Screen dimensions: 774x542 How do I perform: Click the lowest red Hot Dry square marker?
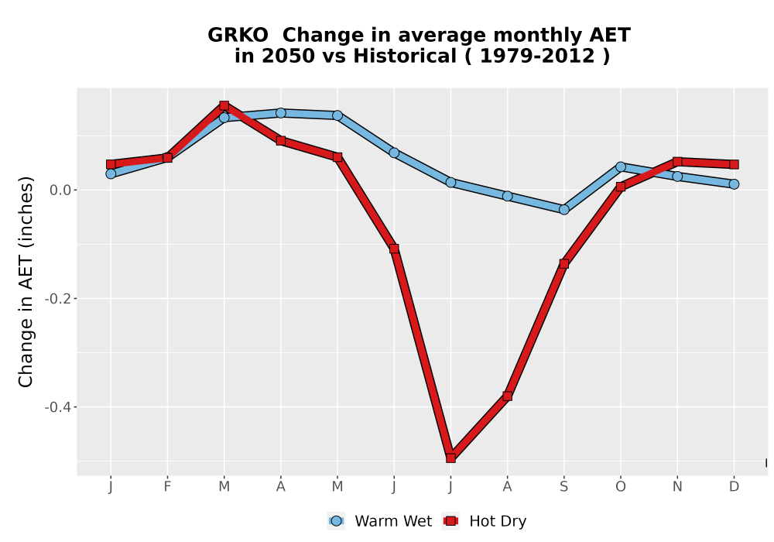[450, 458]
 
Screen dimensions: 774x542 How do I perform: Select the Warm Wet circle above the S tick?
[564, 210]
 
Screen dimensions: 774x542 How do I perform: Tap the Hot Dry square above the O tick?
[621, 187]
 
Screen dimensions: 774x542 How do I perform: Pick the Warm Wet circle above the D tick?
[734, 184]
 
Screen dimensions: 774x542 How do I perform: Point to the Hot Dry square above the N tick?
[677, 162]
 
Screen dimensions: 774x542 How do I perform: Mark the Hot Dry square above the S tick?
[564, 264]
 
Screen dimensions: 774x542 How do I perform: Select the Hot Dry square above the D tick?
[734, 164]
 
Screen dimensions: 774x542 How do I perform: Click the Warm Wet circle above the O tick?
[621, 166]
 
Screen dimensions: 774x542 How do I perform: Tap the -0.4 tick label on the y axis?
[58, 407]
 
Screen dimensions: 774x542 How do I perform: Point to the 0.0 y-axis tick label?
[60, 190]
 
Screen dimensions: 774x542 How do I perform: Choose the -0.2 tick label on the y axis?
[58, 299]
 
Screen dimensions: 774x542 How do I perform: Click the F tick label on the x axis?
[167, 487]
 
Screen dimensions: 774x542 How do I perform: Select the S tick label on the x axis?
[564, 487]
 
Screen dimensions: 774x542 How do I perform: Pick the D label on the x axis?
[734, 487]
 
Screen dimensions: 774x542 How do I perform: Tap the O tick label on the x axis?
[621, 487]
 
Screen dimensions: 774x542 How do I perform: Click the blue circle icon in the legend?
[336, 521]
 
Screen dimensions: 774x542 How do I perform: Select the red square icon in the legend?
[450, 521]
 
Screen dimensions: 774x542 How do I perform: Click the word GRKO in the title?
[238, 36]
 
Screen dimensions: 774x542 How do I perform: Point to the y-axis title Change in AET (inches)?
[26, 282]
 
